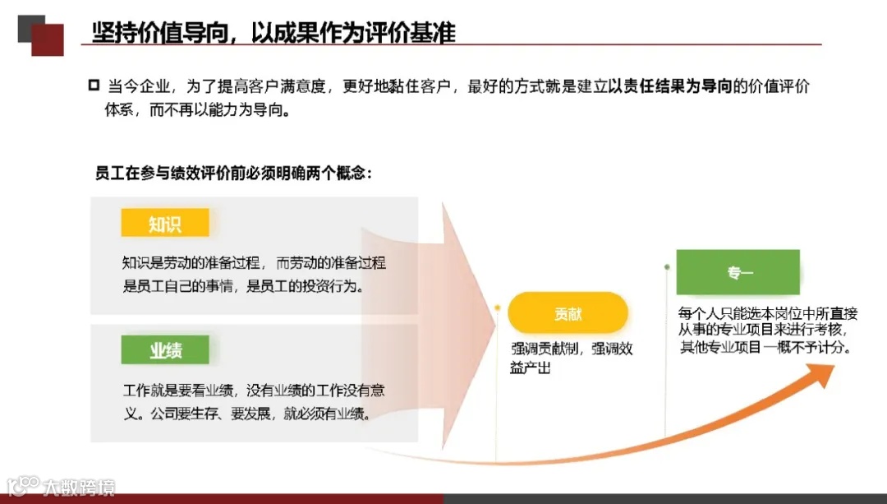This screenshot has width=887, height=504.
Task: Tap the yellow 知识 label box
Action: (x=164, y=223)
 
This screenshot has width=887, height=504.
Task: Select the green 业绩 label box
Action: (x=164, y=350)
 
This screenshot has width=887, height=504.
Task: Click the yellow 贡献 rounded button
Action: (x=568, y=313)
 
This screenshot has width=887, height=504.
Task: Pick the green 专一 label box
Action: (x=738, y=272)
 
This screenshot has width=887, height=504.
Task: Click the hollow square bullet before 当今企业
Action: (x=94, y=86)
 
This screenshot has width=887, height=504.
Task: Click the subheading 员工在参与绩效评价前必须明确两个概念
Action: (x=235, y=173)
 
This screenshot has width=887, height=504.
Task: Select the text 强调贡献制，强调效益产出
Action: (x=571, y=358)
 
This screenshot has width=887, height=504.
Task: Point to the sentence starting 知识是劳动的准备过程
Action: (x=253, y=263)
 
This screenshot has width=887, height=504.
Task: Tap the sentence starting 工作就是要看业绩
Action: (x=253, y=391)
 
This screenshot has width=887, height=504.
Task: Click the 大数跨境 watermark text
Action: (x=79, y=486)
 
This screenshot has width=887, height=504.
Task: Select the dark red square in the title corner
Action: (x=48, y=39)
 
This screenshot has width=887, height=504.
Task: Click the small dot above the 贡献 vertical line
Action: (x=498, y=309)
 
